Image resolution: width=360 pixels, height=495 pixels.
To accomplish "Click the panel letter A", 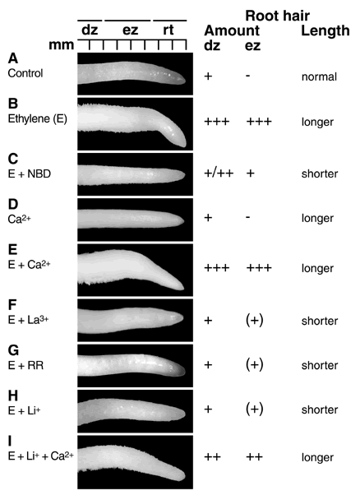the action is click(13, 58).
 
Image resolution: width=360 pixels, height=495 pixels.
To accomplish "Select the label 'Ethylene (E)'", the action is click(38, 118).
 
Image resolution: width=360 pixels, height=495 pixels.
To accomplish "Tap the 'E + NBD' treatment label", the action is click(30, 174).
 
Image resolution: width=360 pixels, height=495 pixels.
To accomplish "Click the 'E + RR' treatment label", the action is click(25, 366).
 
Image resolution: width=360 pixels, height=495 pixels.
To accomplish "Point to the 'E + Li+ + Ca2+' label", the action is click(41, 456).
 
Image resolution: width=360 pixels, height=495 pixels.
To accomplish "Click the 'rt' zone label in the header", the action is click(168, 30).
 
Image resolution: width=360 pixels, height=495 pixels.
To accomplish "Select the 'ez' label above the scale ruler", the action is click(130, 30).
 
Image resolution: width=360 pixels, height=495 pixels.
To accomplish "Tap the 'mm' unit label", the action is click(61, 45).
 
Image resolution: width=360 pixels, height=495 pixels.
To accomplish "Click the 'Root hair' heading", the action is click(277, 15).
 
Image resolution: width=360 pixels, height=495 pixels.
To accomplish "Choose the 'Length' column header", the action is click(325, 30).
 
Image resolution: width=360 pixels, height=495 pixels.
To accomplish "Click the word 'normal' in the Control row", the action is click(319, 76).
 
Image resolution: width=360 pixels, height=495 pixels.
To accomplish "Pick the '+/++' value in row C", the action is click(219, 173).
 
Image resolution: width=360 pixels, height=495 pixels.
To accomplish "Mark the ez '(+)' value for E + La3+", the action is click(254, 321).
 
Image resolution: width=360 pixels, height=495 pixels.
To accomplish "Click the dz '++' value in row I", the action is click(212, 457).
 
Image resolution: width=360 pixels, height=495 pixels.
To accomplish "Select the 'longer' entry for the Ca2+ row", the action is click(317, 219).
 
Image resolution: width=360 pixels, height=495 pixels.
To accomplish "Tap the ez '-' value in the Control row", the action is click(248, 76).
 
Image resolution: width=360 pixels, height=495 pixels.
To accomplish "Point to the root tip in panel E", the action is click(181, 286).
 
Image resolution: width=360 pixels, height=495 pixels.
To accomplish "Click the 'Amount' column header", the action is click(232, 30).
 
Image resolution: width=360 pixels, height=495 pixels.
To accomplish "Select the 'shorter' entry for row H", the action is click(320, 409).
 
